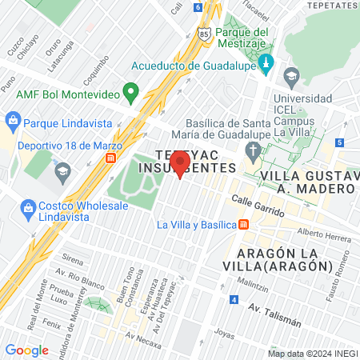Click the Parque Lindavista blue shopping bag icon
coord(12,122)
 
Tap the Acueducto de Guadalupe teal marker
coord(268,62)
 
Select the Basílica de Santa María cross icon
coord(253,152)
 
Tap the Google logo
coord(26,350)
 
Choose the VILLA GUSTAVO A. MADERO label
coord(308,182)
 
